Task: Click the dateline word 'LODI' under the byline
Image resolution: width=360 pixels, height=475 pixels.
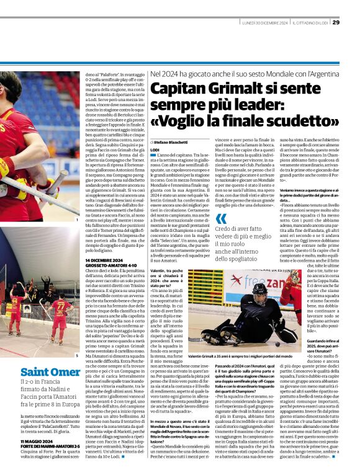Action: [x=155, y=150]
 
